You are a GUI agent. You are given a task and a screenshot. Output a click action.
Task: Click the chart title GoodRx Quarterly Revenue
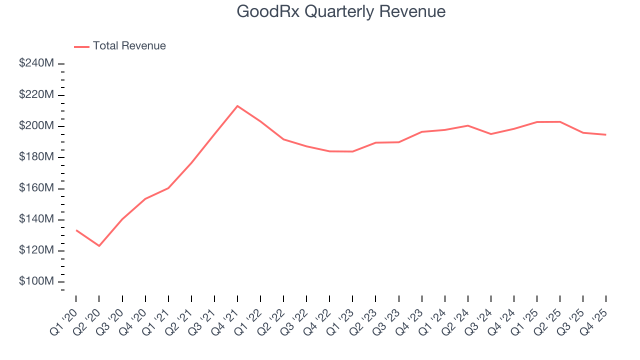(341, 11)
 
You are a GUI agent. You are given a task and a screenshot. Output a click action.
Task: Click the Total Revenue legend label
(129, 46)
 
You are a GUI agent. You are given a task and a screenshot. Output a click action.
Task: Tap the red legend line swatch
(81, 46)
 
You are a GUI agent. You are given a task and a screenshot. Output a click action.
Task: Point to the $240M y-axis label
(36, 63)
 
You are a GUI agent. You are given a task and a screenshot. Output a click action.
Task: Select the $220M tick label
(36, 95)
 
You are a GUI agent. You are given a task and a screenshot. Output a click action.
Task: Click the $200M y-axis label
(36, 126)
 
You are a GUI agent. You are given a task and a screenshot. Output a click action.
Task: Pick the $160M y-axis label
(36, 188)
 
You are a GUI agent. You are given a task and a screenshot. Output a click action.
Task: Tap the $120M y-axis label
(36, 250)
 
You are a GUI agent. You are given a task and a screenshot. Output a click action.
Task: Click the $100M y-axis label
(36, 281)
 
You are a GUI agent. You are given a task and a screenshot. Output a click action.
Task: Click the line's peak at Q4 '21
(237, 106)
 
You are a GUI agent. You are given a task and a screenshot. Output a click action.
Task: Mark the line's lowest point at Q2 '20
(99, 245)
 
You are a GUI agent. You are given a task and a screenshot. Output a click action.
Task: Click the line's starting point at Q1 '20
(76, 230)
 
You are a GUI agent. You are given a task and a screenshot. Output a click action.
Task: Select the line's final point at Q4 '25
(606, 134)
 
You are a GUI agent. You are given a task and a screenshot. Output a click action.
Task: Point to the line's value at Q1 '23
(352, 151)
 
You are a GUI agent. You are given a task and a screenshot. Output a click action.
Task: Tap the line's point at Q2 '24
(468, 125)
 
